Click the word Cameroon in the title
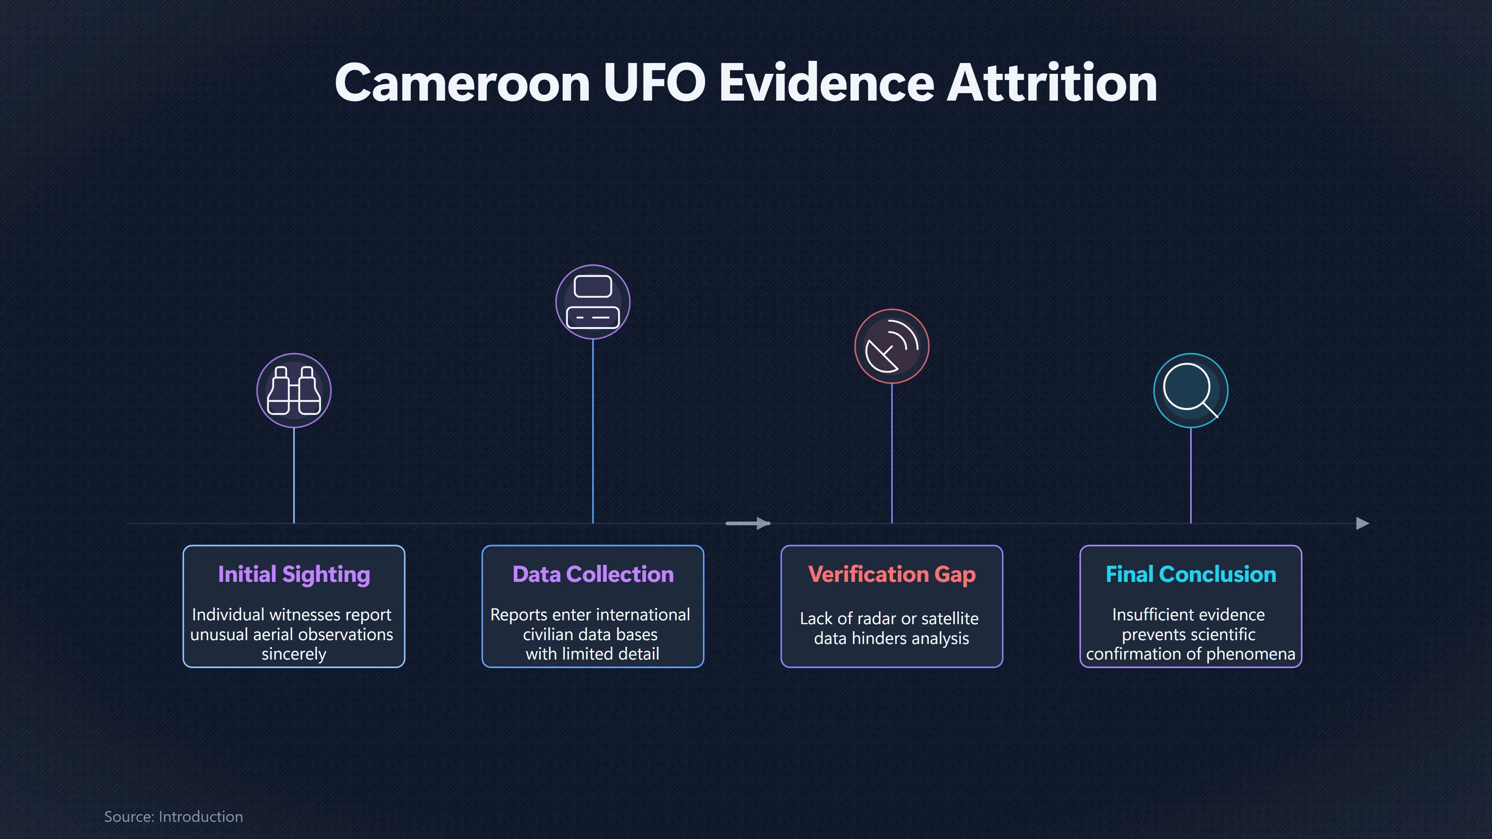[x=463, y=84]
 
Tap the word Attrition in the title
[x=1052, y=84]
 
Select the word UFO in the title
[x=654, y=84]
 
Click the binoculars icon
[x=294, y=391]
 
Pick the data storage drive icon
[x=593, y=302]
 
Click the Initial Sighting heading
[x=294, y=574]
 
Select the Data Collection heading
[x=593, y=574]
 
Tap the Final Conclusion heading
[x=1191, y=574]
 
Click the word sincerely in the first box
[x=294, y=654]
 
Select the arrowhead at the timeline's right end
[x=1363, y=524]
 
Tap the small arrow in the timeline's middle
[x=748, y=524]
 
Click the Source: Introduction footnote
[x=173, y=816]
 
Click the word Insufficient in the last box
[x=1147, y=614]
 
